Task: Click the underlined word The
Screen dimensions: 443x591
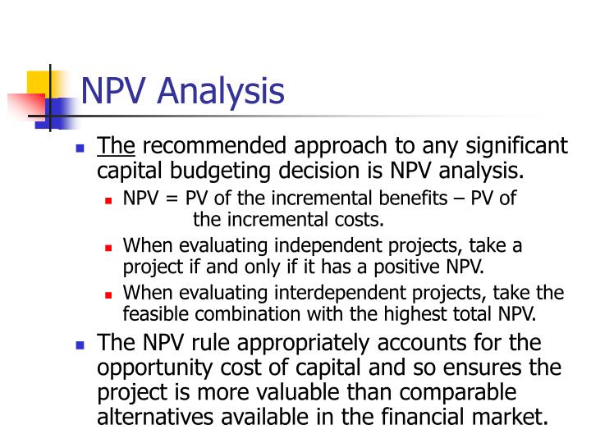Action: tap(117, 147)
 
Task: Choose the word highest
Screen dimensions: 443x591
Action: tap(426, 313)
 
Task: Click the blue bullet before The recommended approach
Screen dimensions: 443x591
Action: tap(80, 148)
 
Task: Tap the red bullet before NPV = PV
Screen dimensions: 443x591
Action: tap(109, 200)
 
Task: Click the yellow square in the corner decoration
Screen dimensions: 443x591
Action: tap(39, 84)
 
